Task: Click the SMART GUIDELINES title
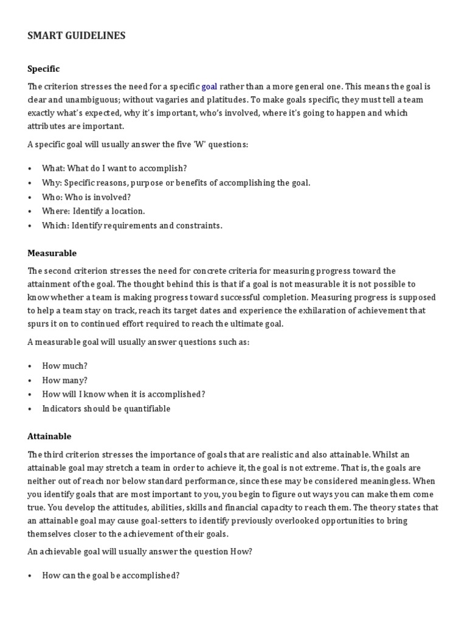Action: tap(77, 36)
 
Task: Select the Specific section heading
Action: tap(44, 69)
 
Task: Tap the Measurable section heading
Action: tap(52, 252)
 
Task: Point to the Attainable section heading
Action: tap(49, 436)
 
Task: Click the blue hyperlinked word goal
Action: tap(209, 86)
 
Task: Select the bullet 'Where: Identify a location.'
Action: tap(93, 211)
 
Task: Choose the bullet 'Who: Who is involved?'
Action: tap(86, 197)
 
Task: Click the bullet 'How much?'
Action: tap(64, 366)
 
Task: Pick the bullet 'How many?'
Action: tap(64, 380)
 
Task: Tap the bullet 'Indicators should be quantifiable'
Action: tap(106, 409)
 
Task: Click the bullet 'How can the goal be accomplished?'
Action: tap(110, 575)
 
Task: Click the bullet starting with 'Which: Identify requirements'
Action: tap(132, 226)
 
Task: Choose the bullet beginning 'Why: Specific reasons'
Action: tap(176, 183)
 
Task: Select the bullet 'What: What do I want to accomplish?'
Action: tap(114, 168)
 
